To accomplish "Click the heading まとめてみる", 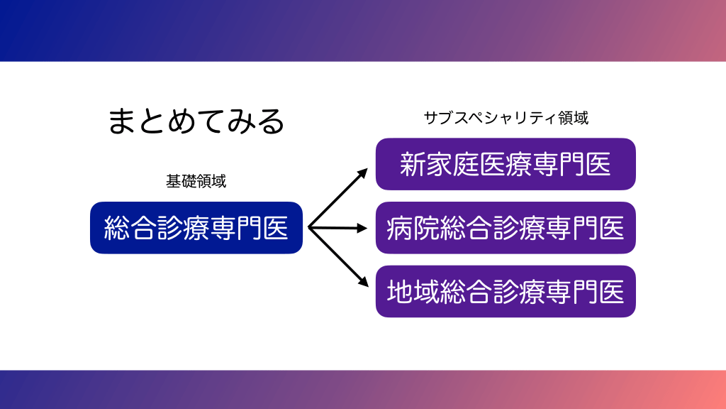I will point(196,121).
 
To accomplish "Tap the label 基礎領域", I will point(196,181).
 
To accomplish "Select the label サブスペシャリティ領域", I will point(506,118).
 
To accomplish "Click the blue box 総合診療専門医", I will point(196,228).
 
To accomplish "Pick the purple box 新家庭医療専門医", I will point(506,165).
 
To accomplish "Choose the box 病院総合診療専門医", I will point(506,228).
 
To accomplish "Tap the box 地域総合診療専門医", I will point(506,291).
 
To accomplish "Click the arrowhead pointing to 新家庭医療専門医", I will point(363,172).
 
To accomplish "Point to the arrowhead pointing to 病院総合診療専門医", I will point(364,228).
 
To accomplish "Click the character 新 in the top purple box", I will point(413,165).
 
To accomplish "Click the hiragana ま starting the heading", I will point(121,121).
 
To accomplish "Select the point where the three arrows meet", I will point(309,228).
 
